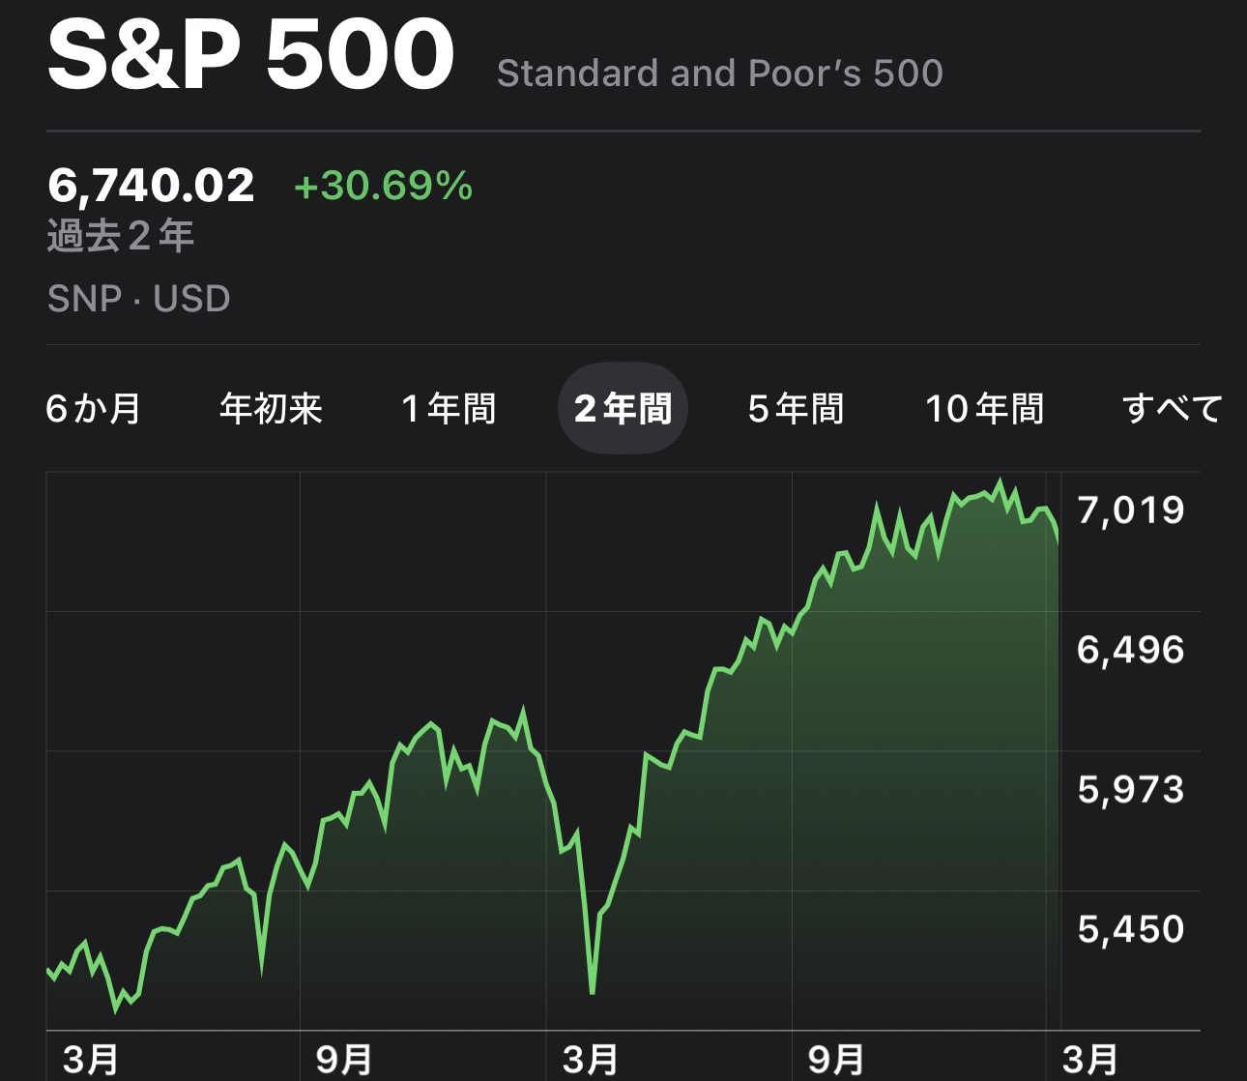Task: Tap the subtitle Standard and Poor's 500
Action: click(719, 73)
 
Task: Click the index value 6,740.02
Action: click(151, 185)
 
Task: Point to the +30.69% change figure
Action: click(383, 185)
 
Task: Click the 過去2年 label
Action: click(121, 236)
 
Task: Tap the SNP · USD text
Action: click(138, 299)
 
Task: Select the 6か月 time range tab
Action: click(94, 409)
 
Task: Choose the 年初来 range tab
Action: click(271, 409)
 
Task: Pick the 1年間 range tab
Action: click(449, 409)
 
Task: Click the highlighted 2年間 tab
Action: click(623, 409)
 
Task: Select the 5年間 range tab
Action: click(796, 409)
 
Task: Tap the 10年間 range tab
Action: click(984, 409)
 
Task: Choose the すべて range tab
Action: click(1172, 409)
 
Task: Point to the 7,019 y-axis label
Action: click(1130, 510)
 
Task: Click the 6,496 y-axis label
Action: click(1130, 650)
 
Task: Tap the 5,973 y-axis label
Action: click(1130, 790)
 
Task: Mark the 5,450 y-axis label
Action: click(1130, 929)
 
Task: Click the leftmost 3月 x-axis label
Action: click(90, 1060)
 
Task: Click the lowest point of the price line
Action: click(592, 992)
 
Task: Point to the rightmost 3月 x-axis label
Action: click(1090, 1060)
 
